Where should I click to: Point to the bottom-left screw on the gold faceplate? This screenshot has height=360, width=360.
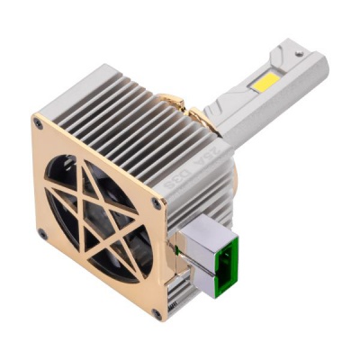(42, 235)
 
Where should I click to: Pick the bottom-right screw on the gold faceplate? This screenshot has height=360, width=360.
(157, 314)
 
